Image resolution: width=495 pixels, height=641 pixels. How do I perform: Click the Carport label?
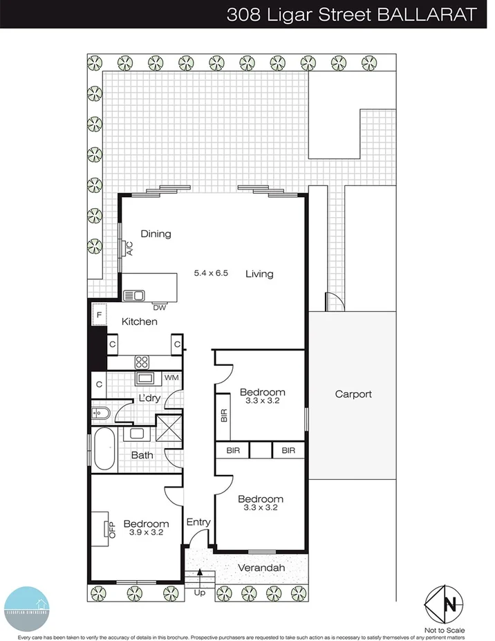point(353,394)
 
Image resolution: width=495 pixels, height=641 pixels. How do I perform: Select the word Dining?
point(156,234)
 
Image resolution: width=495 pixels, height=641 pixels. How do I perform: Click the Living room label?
point(259,274)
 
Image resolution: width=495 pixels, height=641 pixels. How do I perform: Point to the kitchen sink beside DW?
point(133,296)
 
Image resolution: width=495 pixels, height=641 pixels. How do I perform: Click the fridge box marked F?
point(99,315)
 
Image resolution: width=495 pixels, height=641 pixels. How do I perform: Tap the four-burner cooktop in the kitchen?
point(142,361)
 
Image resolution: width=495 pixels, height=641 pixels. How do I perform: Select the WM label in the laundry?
point(171,378)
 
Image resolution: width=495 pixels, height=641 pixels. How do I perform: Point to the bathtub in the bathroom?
point(105,449)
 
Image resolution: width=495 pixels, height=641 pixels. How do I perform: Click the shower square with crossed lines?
point(168,427)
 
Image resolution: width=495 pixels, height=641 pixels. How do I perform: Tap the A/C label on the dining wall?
point(129,248)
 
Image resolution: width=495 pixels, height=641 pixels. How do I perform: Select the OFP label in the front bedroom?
point(111,529)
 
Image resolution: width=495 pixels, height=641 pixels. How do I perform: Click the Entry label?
point(198,522)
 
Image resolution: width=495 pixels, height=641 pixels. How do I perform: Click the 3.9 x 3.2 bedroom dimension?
point(146,532)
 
